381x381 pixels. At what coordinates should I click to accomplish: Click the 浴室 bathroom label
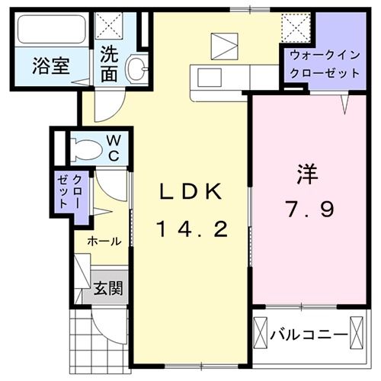50,66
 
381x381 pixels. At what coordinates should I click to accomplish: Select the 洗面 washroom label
110,65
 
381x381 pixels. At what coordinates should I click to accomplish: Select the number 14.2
192,228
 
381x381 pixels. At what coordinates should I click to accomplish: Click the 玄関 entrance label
107,289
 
